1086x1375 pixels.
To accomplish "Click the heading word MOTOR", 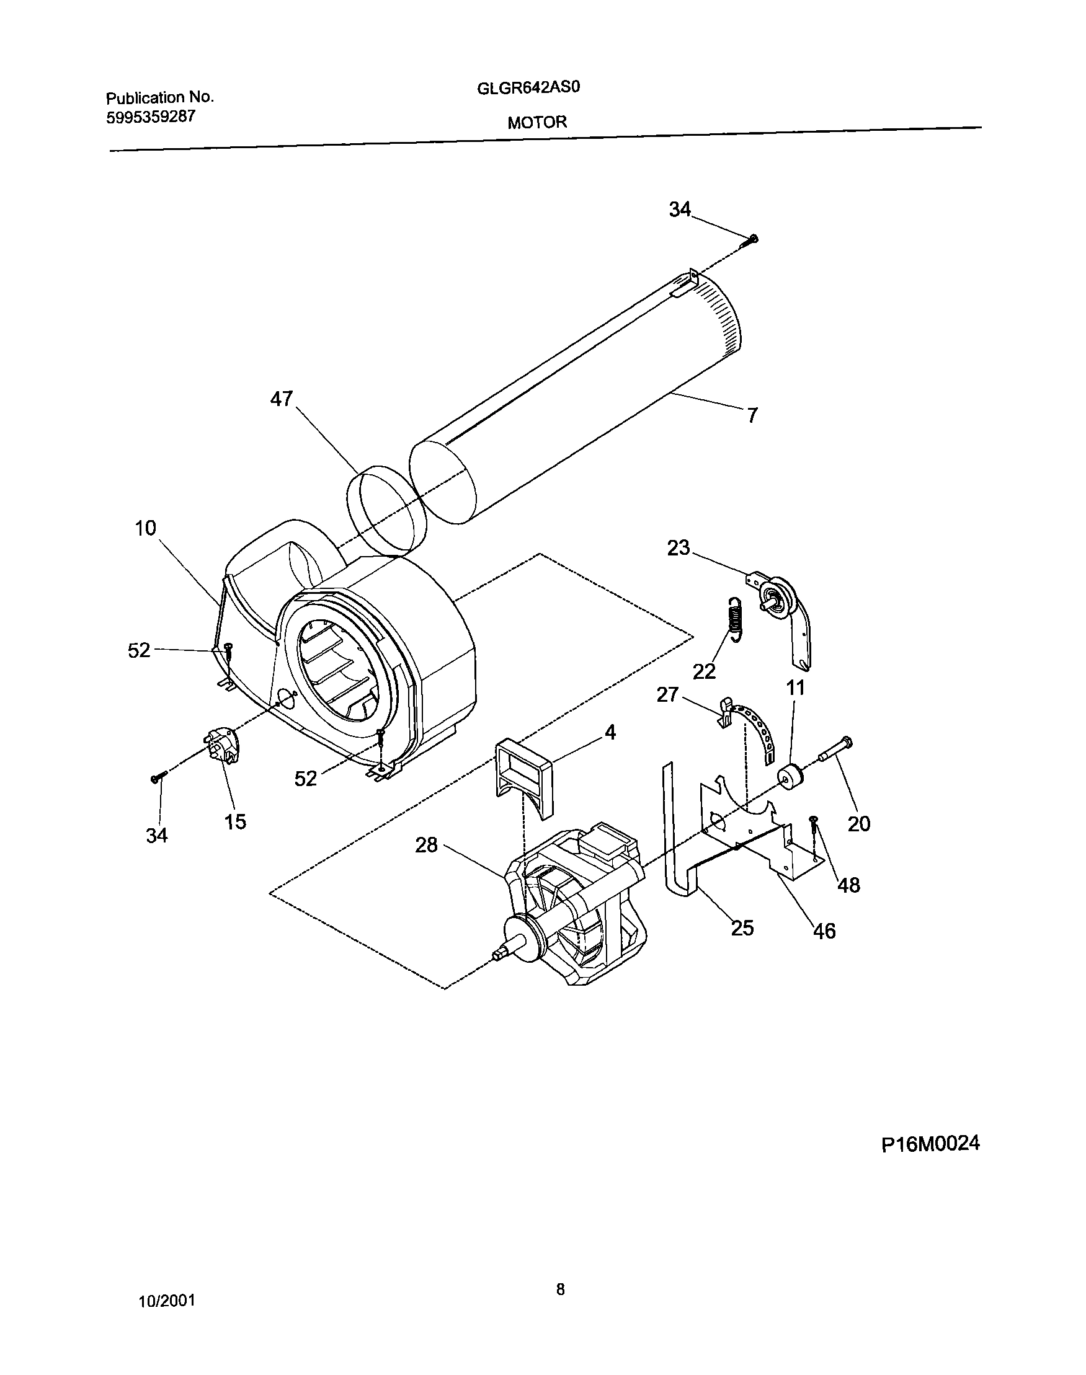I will pos(536,123).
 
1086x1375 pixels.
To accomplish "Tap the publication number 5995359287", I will pos(150,117).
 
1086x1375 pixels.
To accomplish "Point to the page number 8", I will pos(560,1289).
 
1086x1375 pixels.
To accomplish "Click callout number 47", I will pos(281,399).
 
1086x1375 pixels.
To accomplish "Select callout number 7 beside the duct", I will pos(752,415).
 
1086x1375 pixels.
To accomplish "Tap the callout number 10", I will pos(145,528).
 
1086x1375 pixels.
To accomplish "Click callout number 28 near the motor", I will pos(426,845).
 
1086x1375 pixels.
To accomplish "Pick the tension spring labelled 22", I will pos(735,619).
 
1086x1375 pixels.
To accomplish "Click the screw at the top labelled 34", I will pos(752,239).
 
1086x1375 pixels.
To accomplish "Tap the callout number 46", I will pos(824,932).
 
